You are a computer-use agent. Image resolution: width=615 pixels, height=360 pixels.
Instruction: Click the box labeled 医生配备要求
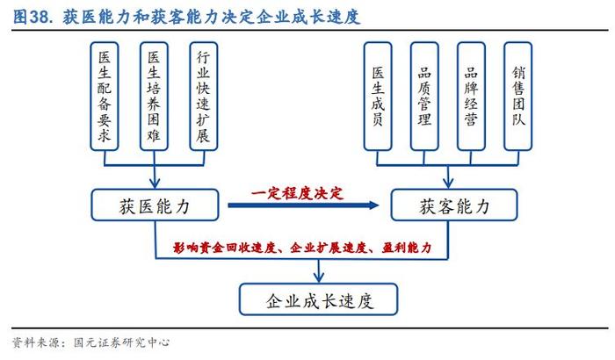pos(105,97)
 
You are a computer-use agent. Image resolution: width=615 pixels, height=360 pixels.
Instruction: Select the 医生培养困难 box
pos(154,97)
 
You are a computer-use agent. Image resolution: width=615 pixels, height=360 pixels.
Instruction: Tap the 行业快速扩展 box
pos(204,97)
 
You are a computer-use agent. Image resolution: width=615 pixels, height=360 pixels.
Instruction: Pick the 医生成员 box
pos(378,97)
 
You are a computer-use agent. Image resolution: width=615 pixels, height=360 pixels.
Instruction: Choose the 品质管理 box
pos(424,97)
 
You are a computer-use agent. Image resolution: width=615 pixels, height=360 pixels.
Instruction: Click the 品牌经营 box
pos(471,97)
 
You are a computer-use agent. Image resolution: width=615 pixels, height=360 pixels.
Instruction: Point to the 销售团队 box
pos(518,97)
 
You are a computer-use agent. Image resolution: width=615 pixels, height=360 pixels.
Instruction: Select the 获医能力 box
pos(155,205)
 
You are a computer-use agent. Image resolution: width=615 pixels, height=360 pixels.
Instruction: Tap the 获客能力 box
pos(454,205)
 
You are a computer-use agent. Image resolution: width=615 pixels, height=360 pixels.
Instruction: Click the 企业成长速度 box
pos(318,299)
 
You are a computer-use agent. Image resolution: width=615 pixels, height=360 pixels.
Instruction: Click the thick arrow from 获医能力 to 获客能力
pos(303,205)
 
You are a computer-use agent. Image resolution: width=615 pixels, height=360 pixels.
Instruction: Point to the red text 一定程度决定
pos(297,193)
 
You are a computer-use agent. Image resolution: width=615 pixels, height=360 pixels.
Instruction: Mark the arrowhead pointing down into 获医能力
pos(155,184)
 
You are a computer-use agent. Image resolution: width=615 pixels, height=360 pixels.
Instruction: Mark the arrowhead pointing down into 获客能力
pos(448,184)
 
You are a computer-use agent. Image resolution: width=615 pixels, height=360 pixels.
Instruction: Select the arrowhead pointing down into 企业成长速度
pos(319,277)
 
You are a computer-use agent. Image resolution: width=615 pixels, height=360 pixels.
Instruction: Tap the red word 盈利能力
pos(406,248)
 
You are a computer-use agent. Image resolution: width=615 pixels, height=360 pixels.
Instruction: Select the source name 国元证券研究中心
pos(121,342)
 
